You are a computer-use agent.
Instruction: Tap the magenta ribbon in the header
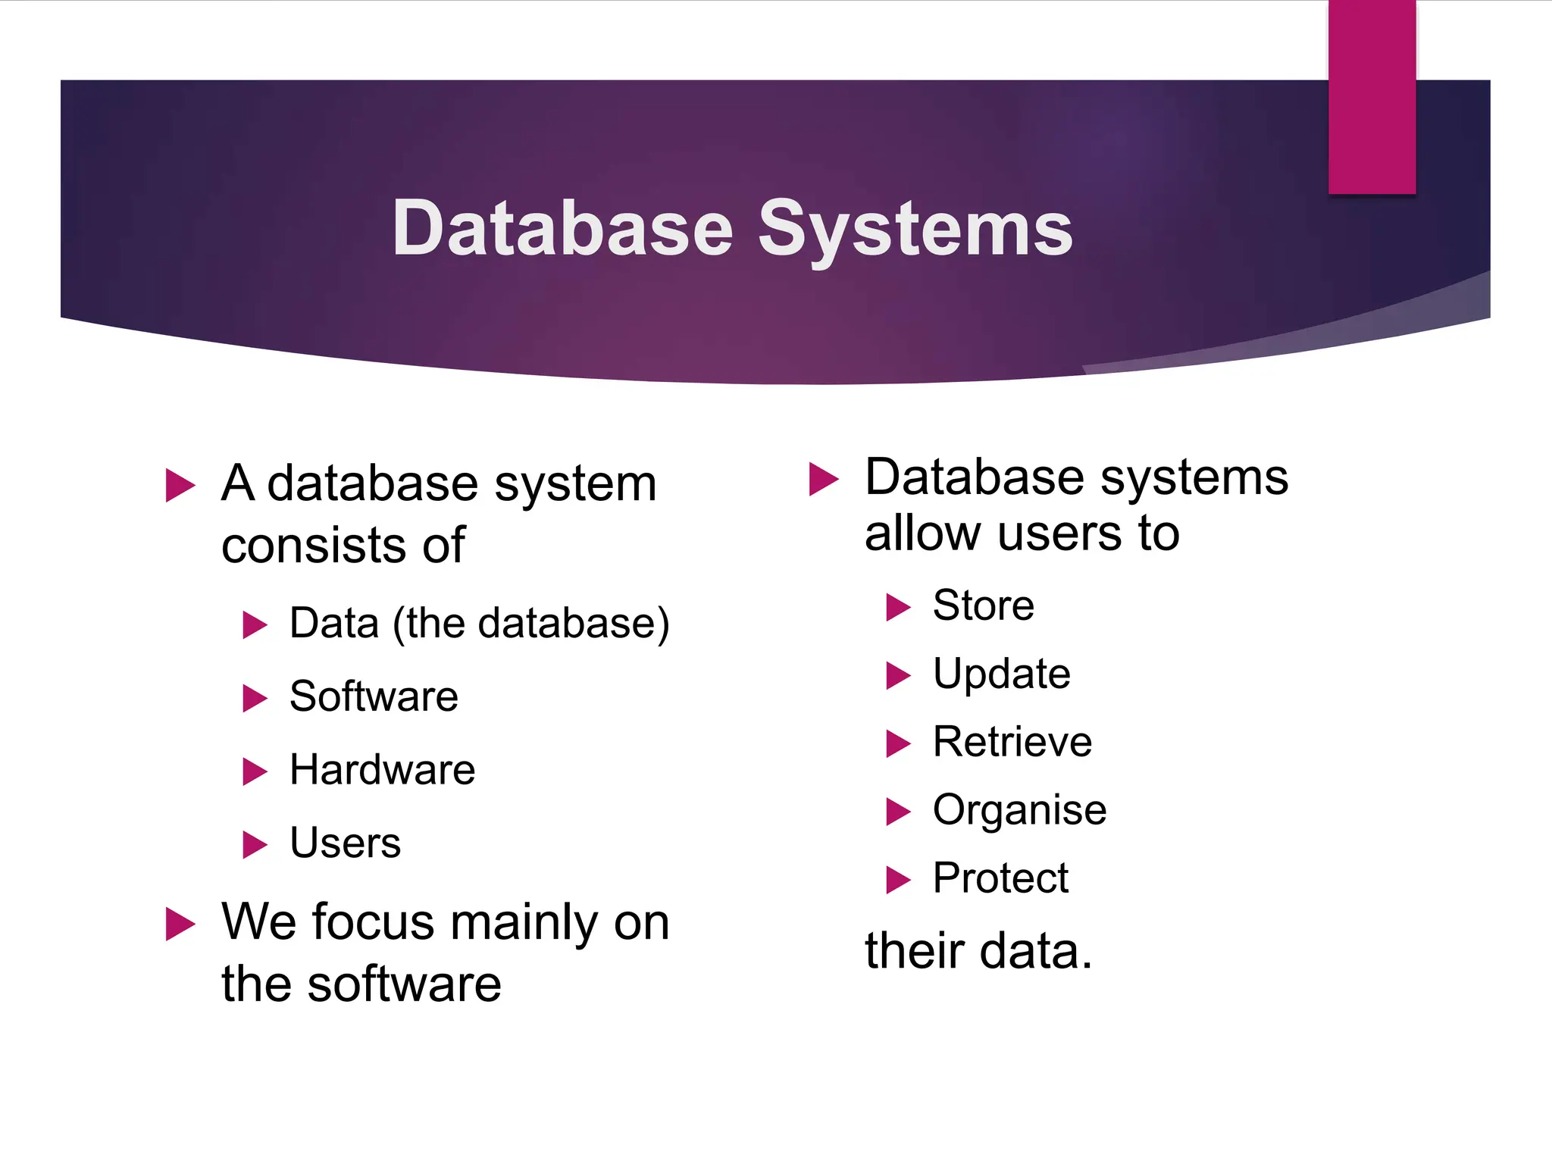pos(1372,97)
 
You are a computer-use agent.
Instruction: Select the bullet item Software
pos(374,696)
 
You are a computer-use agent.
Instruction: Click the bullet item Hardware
pos(382,770)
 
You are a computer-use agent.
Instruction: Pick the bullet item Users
pos(345,843)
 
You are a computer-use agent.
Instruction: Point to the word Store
pos(983,605)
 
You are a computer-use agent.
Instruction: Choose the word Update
pos(1001,674)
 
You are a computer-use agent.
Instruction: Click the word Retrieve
pos(1012,742)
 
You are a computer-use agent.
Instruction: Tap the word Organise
pos(1019,810)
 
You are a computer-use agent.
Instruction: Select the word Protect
pos(1000,878)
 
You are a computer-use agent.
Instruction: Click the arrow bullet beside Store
pos(898,607)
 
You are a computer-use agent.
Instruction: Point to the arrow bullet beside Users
pos(255,845)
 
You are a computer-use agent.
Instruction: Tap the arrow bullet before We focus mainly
pos(180,924)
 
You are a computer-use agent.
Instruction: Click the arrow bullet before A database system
pos(180,485)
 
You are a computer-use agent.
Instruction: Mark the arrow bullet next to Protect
pos(898,880)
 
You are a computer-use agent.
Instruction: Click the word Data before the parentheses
pos(334,624)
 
